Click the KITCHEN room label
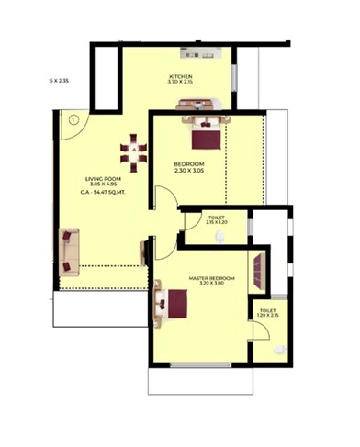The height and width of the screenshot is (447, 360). point(180,76)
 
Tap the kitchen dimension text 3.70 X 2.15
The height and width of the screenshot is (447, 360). point(180,83)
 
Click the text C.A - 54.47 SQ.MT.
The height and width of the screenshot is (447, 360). point(103,194)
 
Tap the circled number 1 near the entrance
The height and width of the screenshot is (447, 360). point(73,117)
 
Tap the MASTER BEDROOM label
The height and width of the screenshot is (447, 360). point(212,277)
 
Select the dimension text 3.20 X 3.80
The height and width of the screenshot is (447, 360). point(212,284)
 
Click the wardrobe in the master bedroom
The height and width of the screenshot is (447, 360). point(261,270)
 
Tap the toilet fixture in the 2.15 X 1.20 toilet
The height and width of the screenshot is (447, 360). point(219,237)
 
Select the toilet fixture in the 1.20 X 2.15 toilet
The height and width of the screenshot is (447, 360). point(279,350)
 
